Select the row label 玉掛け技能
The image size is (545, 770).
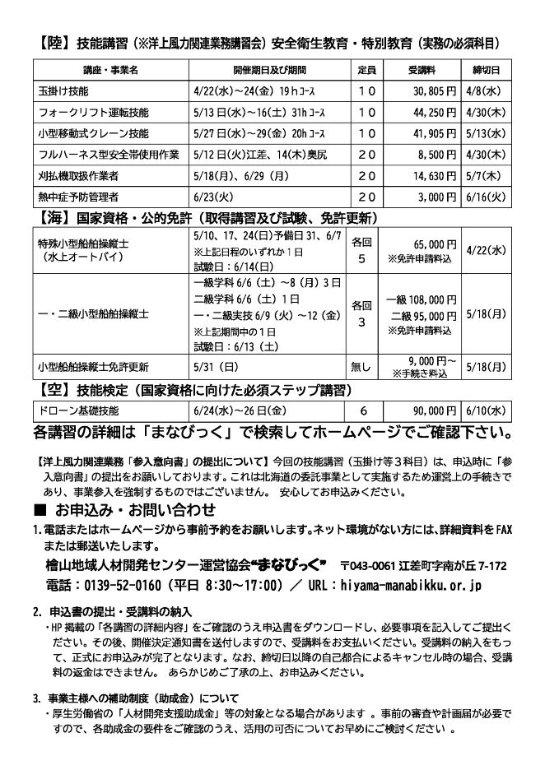point(63,90)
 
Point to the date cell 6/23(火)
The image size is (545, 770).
point(212,197)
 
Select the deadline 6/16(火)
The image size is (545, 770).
point(484,197)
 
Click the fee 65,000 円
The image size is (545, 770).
point(433,245)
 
